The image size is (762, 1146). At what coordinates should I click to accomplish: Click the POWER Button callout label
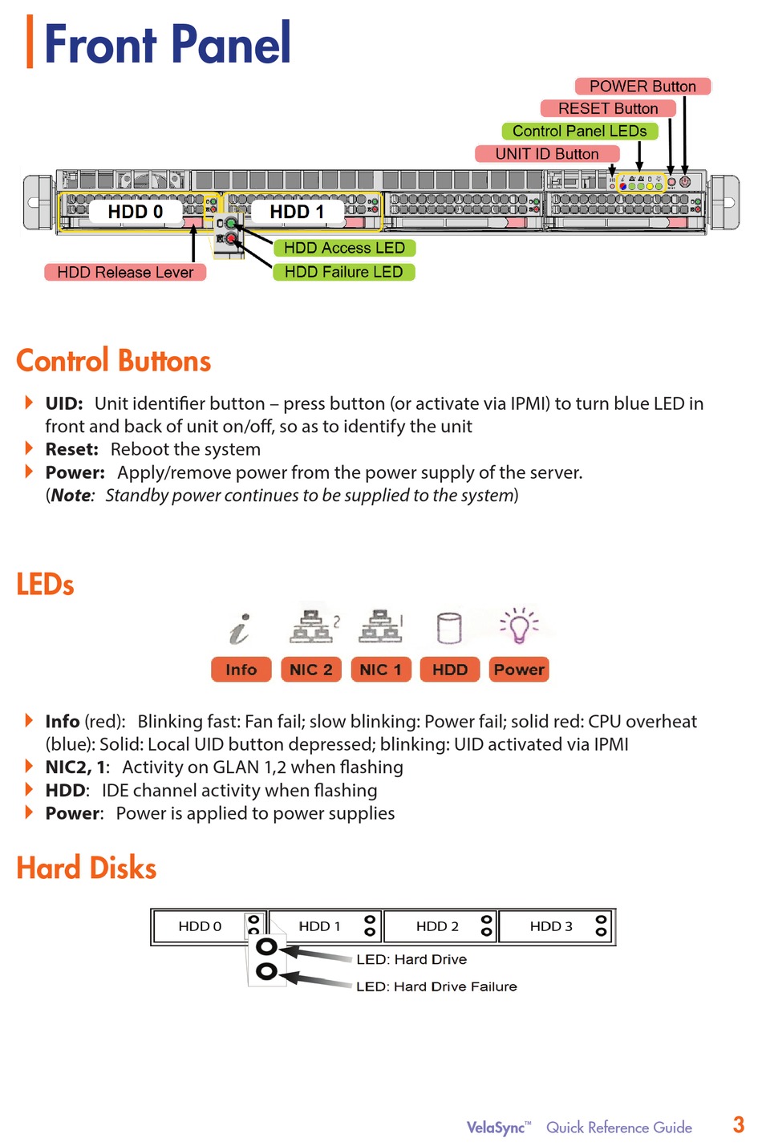tap(642, 87)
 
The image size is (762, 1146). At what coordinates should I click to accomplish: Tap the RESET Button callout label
tap(608, 108)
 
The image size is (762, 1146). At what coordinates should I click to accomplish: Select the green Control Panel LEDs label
tap(579, 131)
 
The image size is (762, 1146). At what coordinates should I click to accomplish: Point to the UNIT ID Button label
tap(547, 154)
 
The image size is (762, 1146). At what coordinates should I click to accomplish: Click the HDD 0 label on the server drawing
tap(135, 212)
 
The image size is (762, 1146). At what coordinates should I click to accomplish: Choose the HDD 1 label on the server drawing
tap(297, 212)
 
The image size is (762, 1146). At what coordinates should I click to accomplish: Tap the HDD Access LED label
tap(344, 248)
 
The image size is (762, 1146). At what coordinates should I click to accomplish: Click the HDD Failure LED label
tap(344, 272)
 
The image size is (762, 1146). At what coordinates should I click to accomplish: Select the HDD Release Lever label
tap(125, 272)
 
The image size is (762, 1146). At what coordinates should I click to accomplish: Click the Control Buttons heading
tap(114, 361)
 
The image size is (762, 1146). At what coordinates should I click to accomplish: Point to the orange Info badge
tap(241, 670)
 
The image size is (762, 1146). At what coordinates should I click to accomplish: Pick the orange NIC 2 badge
tap(311, 670)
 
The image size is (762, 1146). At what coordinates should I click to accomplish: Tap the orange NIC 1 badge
tap(381, 670)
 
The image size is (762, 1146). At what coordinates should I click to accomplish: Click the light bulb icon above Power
tap(519, 626)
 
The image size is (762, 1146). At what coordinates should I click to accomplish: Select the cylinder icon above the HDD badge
tap(449, 628)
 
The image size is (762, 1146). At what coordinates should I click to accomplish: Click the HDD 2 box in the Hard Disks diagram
tap(440, 926)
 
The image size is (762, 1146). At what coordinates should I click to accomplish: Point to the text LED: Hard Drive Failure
tap(436, 986)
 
